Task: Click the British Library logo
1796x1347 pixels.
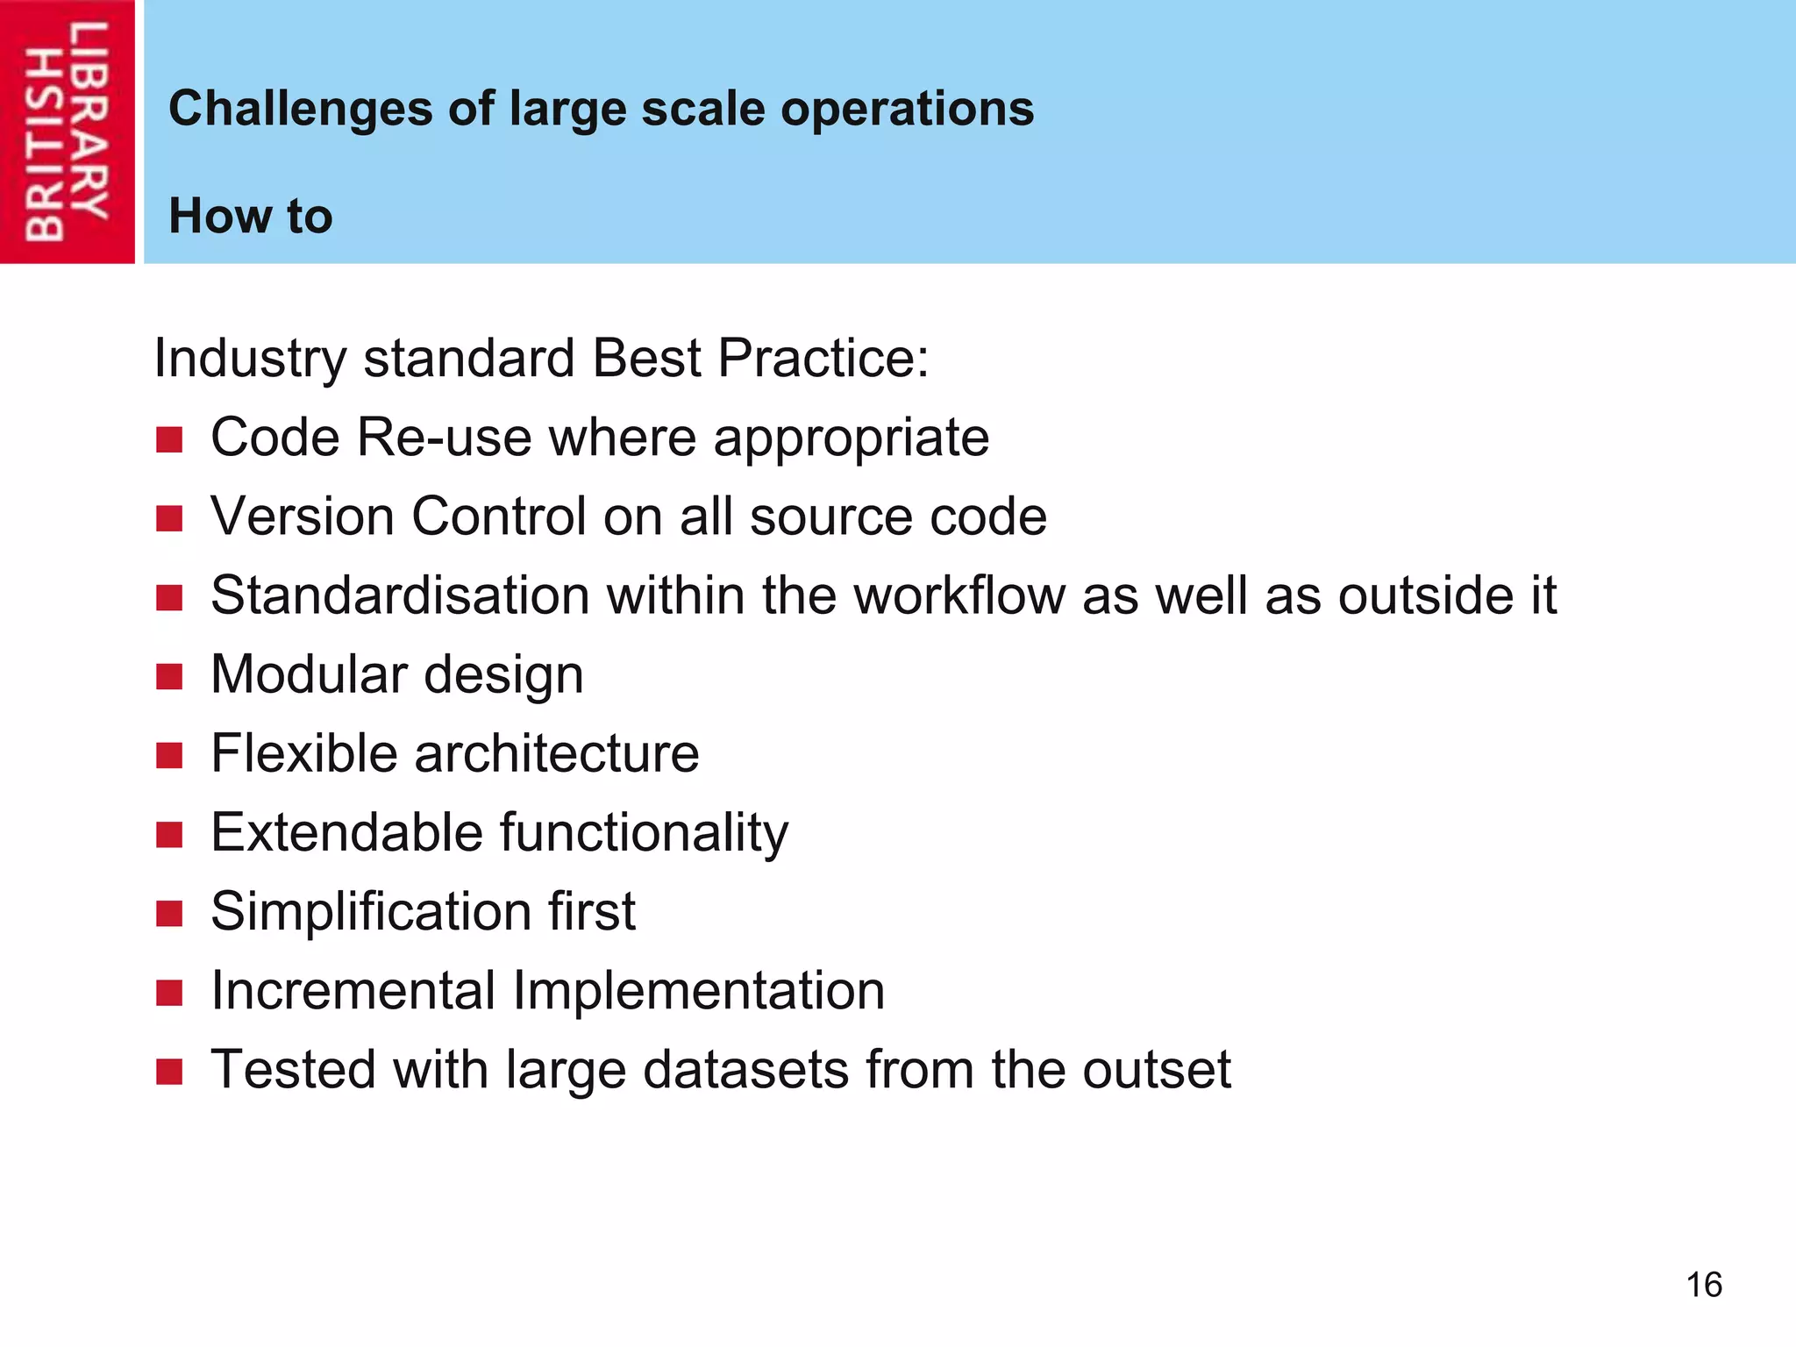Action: pos(67,132)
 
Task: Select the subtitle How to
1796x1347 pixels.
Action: pos(251,216)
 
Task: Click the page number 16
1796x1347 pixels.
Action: pos(1703,1285)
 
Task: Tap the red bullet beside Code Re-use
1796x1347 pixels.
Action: pos(169,439)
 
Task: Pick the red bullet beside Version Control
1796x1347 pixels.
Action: pos(169,518)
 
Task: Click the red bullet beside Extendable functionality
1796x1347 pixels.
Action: pos(169,834)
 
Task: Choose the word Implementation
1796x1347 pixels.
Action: pos(698,991)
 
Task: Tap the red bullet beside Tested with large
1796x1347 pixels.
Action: pos(169,1072)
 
